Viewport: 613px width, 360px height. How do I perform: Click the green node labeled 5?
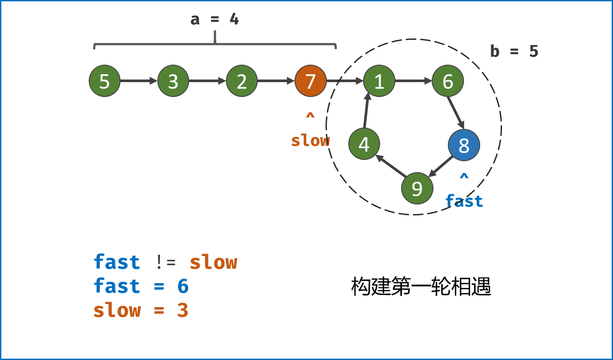[x=104, y=81]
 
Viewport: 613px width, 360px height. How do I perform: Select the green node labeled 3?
[x=173, y=81]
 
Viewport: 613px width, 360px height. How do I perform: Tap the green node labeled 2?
[x=242, y=81]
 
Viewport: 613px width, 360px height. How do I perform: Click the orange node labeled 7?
[x=311, y=81]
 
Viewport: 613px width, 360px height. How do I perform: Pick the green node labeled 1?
[x=379, y=81]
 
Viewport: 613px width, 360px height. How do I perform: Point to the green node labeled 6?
[x=448, y=81]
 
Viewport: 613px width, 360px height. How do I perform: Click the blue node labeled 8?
[x=464, y=145]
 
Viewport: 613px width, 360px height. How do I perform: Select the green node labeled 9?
[x=417, y=188]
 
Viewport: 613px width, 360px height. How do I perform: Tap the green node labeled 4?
[x=364, y=144]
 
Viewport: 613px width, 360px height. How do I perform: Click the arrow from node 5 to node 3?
[x=139, y=81]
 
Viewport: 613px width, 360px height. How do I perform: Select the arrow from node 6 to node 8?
[x=456, y=112]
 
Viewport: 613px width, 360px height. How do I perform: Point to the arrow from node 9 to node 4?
[x=391, y=166]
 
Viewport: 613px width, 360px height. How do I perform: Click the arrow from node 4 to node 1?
[x=367, y=111]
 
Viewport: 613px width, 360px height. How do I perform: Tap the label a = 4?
[x=215, y=19]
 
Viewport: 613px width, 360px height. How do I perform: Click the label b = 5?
[x=514, y=51]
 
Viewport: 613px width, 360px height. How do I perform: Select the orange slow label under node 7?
[x=310, y=140]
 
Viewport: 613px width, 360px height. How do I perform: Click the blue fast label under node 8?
[x=464, y=201]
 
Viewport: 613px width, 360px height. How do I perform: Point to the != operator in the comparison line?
[x=166, y=262]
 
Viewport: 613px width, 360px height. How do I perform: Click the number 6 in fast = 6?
[x=183, y=286]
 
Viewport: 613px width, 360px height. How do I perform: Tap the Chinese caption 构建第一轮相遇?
[x=421, y=286]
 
